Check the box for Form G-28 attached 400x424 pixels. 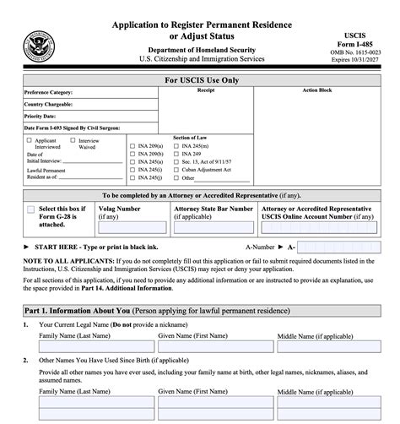pyautogui.click(x=31, y=209)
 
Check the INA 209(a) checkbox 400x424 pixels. pyautogui.click(x=132, y=146)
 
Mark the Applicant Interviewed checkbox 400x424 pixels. pyautogui.click(x=30, y=140)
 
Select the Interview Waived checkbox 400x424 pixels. pyautogui.click(x=73, y=140)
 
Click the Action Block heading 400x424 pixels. pyautogui.click(x=316, y=90)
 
